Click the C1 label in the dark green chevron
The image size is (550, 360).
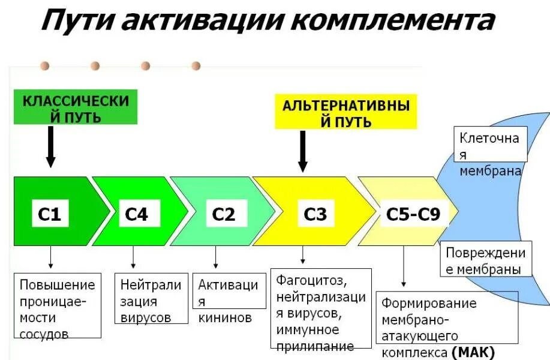(50, 214)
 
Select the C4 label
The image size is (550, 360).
(137, 214)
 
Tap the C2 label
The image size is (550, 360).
(224, 214)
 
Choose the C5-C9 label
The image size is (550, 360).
(413, 214)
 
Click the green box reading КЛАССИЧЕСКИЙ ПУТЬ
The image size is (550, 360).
(76, 108)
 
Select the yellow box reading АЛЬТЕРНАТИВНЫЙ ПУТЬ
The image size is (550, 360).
(346, 113)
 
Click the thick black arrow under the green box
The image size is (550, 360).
(51, 147)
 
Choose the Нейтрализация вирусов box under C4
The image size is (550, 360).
(151, 301)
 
